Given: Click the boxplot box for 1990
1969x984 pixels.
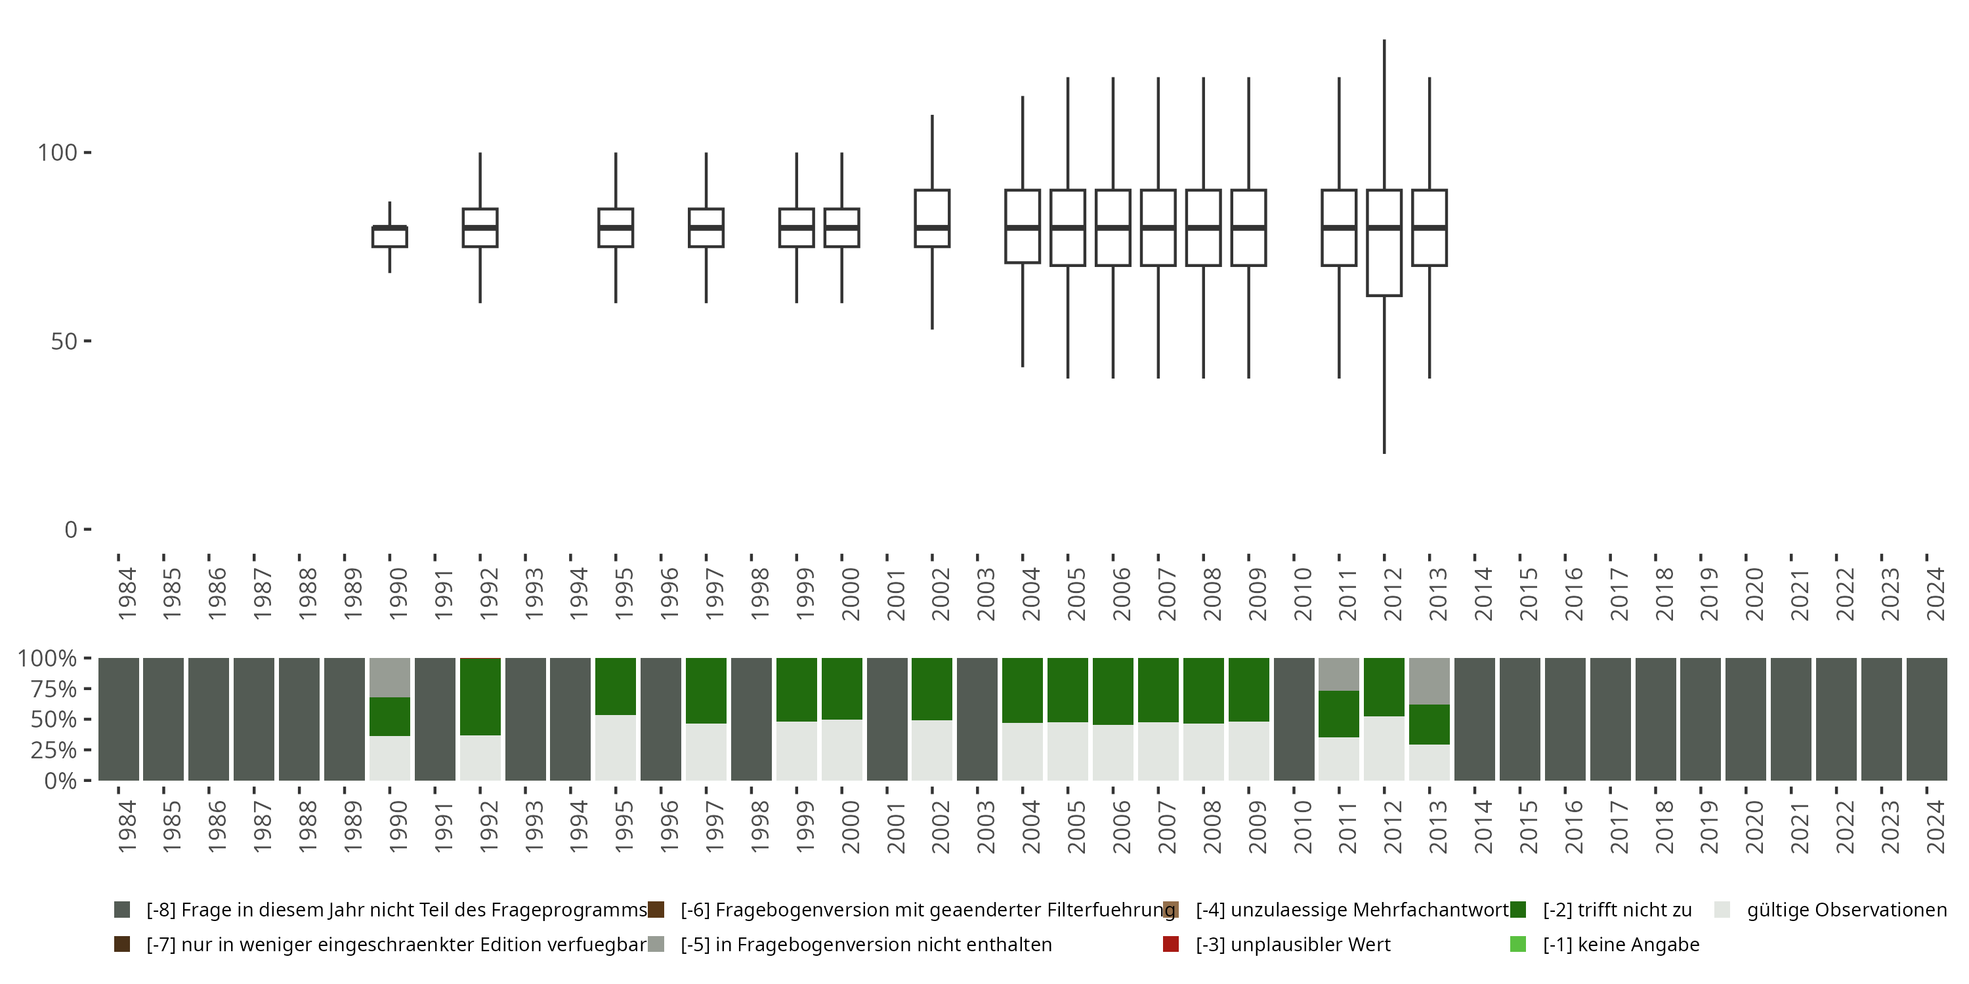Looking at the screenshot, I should coord(390,236).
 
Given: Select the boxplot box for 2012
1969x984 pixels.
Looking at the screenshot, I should coord(1384,242).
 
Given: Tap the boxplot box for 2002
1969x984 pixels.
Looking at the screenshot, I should coord(933,218).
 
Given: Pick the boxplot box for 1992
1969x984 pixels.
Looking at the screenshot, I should coord(480,228).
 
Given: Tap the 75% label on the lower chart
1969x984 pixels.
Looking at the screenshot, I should coord(47,689).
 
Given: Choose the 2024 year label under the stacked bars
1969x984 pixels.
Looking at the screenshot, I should coord(1936,827).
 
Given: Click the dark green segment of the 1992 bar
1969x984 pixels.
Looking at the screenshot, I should coord(480,696).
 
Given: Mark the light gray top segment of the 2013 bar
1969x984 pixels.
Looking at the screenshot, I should coord(1429,681).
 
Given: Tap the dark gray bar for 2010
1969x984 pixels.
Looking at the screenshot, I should coord(1294,719).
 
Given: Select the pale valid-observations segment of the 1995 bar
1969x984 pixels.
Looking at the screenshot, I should coord(616,747).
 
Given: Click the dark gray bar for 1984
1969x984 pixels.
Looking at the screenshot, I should coord(119,719).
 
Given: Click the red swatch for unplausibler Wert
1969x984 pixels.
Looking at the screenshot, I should coord(1170,944).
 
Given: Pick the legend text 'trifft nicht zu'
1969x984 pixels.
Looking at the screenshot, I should coord(1617,910).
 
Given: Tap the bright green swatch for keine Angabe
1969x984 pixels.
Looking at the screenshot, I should coord(1518,944).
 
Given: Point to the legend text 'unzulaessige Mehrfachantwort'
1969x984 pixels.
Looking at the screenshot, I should coord(1351,910).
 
